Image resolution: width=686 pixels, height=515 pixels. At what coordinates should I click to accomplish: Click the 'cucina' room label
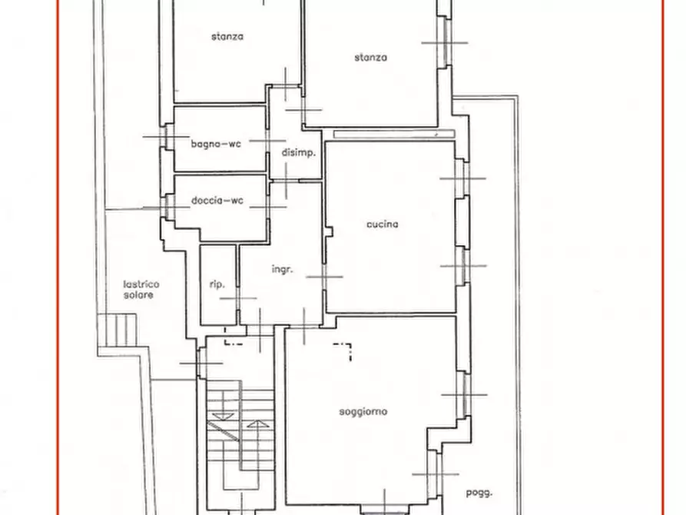[382, 224]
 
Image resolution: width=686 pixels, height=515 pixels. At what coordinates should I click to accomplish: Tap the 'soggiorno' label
[363, 412]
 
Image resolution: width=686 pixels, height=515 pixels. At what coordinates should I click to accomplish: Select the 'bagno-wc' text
[216, 144]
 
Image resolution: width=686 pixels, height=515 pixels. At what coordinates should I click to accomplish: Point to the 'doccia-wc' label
[217, 201]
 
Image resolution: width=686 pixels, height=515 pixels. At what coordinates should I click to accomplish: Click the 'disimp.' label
[298, 153]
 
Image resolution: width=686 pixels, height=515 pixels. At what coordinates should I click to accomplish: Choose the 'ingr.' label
[282, 269]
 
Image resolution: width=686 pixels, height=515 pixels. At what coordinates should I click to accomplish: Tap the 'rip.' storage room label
[217, 284]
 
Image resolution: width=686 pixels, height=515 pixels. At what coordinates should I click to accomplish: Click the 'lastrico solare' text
[141, 290]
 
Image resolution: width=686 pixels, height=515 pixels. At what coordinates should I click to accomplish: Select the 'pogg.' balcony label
[479, 493]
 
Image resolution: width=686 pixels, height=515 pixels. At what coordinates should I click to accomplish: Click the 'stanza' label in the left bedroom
[227, 36]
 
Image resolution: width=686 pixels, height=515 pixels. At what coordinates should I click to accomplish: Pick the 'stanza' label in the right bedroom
[370, 58]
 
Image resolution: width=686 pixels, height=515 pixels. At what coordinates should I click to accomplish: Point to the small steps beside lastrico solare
[118, 330]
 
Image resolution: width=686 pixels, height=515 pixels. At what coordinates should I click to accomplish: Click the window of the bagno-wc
[167, 137]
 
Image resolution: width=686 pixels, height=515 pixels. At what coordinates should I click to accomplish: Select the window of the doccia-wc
[167, 207]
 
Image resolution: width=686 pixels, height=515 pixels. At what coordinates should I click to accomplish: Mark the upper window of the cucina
[462, 178]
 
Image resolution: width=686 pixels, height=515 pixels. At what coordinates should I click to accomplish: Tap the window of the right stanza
[445, 42]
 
